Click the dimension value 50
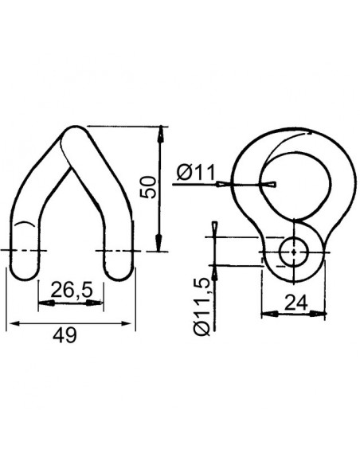[x=147, y=188]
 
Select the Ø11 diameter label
[x=192, y=170]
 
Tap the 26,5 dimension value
[x=67, y=290]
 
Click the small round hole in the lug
[x=293, y=252]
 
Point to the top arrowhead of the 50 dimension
[x=160, y=132]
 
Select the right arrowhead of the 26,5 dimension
[x=98, y=303]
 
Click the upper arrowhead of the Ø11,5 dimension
[x=215, y=230]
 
